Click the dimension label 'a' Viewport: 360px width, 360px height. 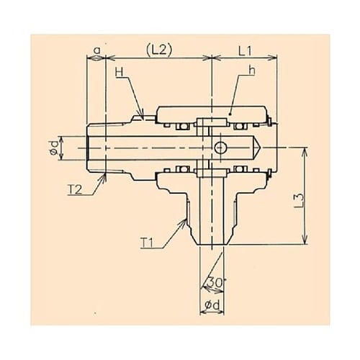tap(96, 50)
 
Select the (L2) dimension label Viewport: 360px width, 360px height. tap(159, 51)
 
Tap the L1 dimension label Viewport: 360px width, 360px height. tap(245, 51)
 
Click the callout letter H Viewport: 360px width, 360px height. tap(120, 72)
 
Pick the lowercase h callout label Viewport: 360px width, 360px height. tap(252, 71)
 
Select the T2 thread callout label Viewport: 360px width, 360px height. tap(75, 189)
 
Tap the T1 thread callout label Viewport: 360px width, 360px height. tap(148, 243)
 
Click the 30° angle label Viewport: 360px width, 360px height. tap(215, 282)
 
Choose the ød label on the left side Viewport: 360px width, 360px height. tap(54, 148)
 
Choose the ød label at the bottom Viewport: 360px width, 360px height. tap(212, 305)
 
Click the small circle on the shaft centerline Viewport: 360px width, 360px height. tap(220, 148)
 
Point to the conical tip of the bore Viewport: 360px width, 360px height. tap(257, 148)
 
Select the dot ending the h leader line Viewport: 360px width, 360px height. tap(230, 114)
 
